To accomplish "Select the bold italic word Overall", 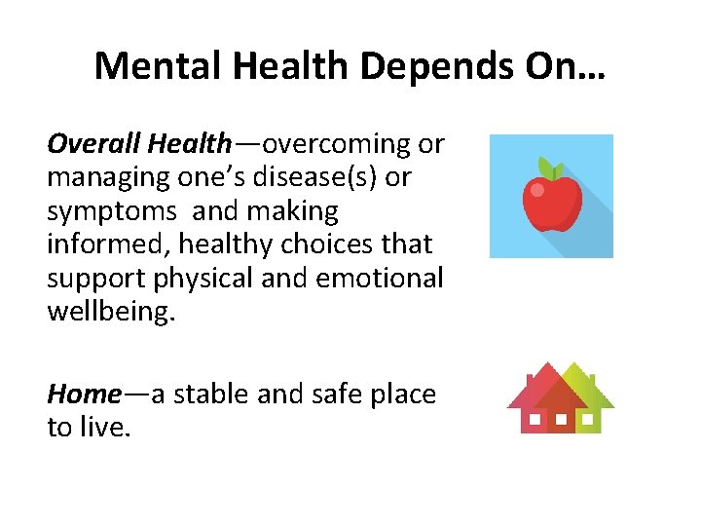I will (94, 144).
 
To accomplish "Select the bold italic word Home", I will (84, 394).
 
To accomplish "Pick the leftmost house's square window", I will (534, 421).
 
